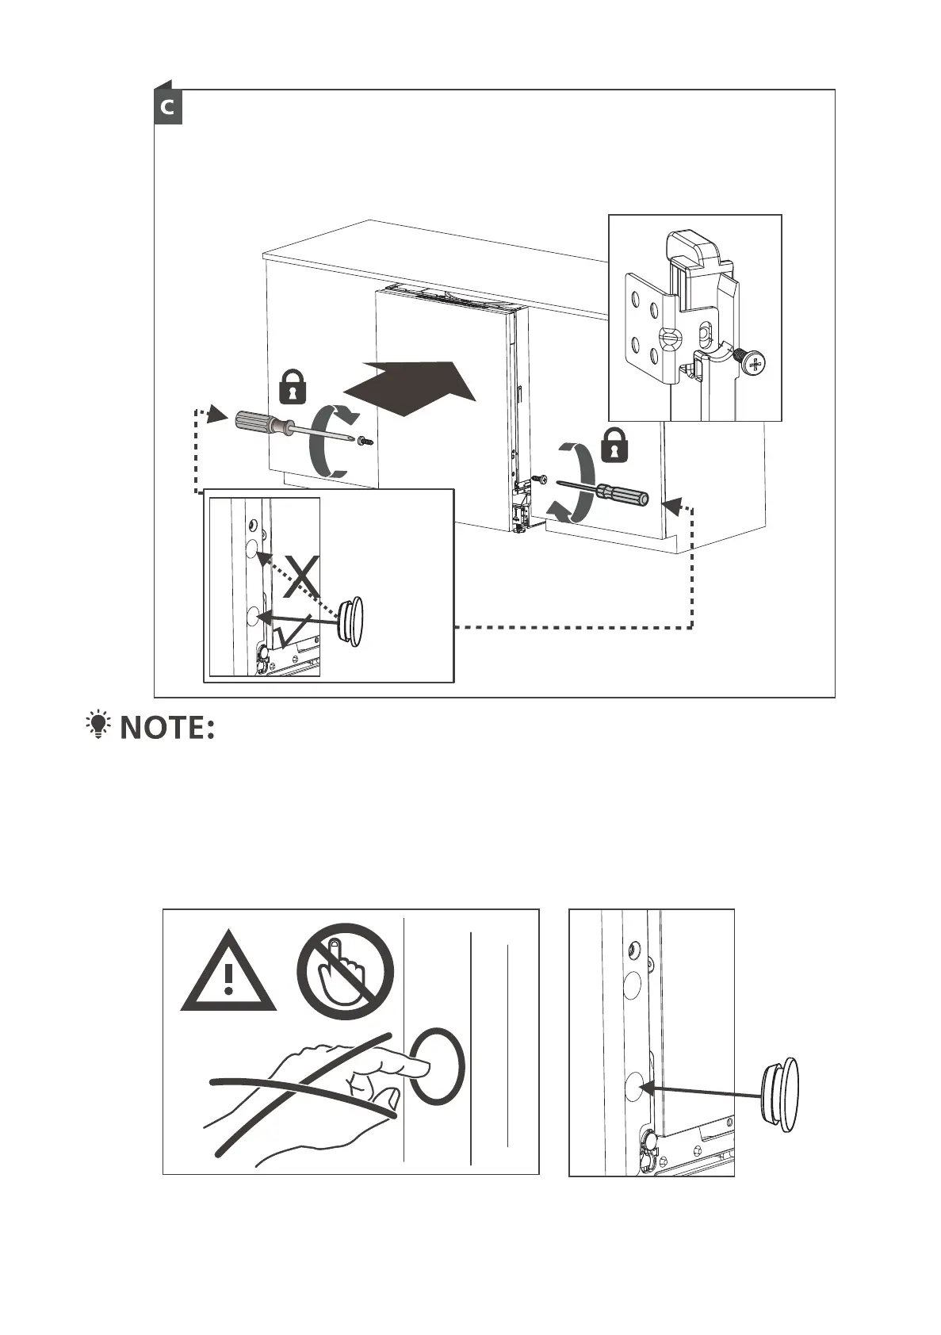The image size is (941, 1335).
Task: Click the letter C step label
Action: click(x=167, y=107)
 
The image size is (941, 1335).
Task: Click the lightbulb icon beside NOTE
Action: click(x=99, y=726)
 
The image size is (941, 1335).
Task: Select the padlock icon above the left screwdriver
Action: click(x=293, y=386)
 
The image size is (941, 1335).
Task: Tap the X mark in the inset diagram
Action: click(x=302, y=578)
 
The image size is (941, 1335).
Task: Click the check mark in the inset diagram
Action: click(x=289, y=633)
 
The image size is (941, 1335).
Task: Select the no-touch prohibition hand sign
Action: click(x=345, y=971)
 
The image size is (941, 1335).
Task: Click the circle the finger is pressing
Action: click(x=437, y=1067)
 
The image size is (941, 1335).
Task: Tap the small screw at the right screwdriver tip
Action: click(x=537, y=479)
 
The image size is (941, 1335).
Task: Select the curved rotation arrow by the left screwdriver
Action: click(x=331, y=440)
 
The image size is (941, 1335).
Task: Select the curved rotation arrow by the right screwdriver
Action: click(x=576, y=484)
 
